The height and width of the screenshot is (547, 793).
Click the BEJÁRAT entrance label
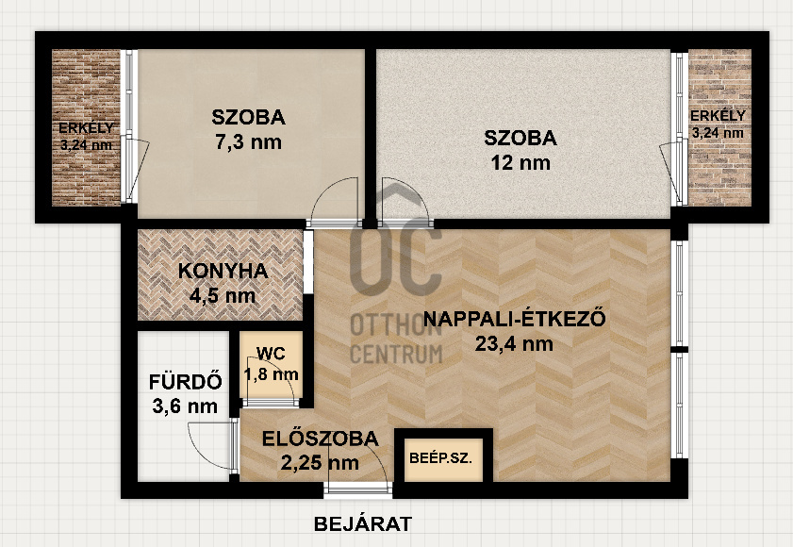[363, 523]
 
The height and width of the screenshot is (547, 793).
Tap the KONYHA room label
[223, 272]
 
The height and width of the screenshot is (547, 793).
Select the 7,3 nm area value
[248, 142]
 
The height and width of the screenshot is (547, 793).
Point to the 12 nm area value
[520, 162]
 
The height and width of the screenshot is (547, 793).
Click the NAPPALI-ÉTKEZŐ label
[514, 319]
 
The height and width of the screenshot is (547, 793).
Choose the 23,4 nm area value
[514, 344]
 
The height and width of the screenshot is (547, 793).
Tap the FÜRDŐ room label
[185, 382]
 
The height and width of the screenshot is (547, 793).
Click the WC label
[271, 354]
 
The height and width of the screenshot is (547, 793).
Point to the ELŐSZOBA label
[321, 439]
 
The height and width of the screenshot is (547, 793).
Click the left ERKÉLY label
[86, 127]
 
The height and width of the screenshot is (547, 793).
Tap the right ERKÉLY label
[718, 115]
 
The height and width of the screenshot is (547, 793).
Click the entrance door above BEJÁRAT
[357, 487]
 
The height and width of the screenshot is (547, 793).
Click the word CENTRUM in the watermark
[396, 354]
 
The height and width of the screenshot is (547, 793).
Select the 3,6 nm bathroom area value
[185, 406]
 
